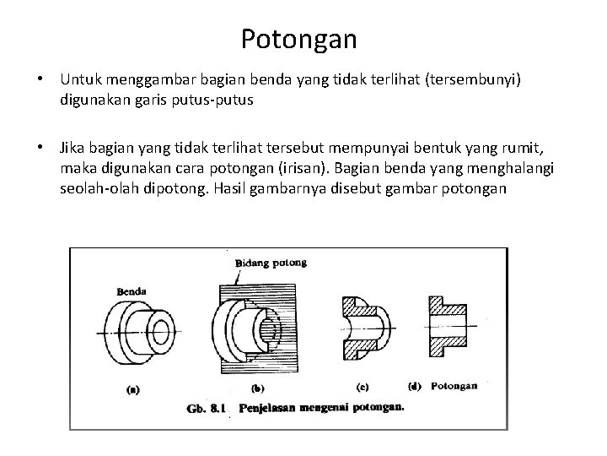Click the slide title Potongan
click(x=298, y=39)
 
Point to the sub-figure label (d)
click(x=414, y=387)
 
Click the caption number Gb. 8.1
click(x=206, y=408)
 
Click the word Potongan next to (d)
click(x=454, y=387)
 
